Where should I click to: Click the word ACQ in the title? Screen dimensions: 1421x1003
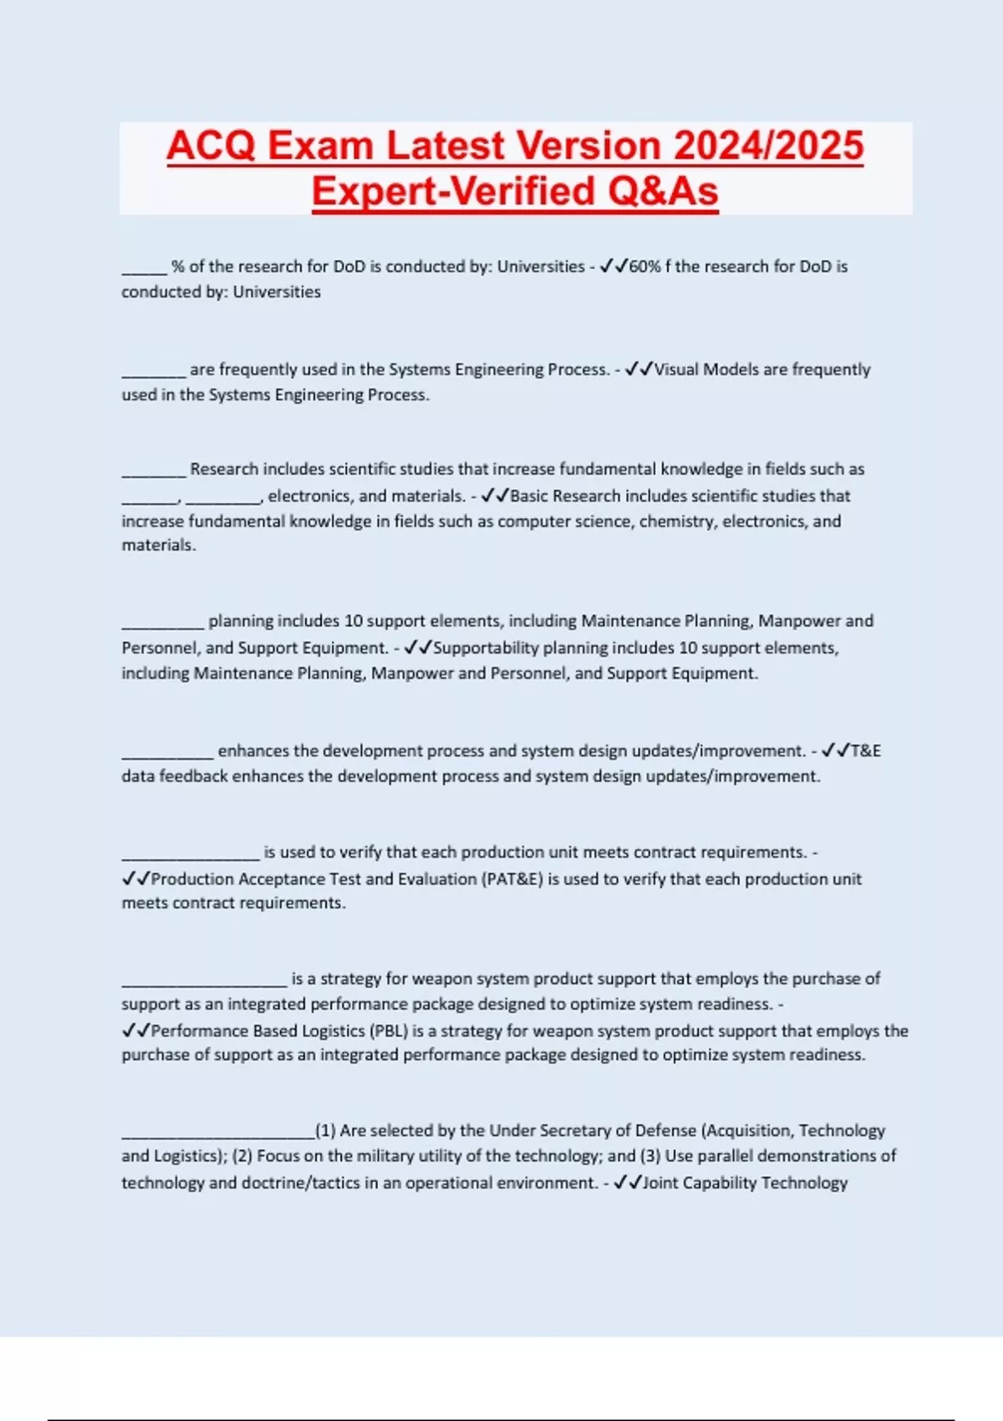coord(211,146)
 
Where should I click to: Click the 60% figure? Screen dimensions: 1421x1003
coord(645,267)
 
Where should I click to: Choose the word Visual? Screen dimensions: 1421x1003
coord(677,369)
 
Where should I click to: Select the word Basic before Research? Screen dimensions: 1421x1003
coord(529,496)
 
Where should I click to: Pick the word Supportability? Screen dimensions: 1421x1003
coord(486,648)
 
